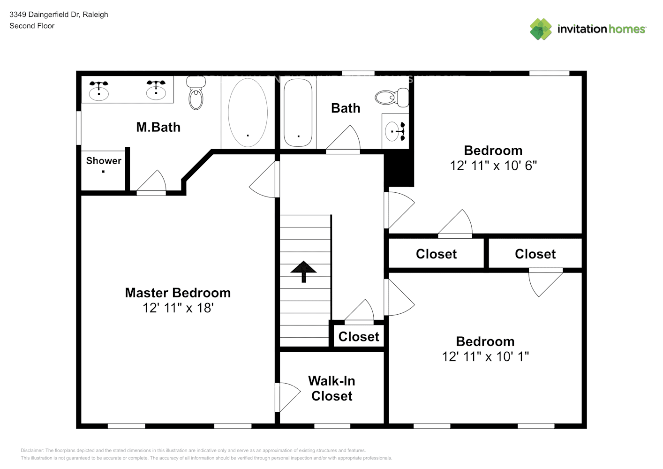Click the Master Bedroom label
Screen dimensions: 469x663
[x=178, y=293]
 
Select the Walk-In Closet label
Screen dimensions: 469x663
[x=331, y=388]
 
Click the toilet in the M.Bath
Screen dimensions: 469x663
[x=196, y=94]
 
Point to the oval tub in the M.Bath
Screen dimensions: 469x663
[x=248, y=113]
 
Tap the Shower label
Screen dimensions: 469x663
[x=104, y=161]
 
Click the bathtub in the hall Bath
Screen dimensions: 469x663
[x=298, y=113]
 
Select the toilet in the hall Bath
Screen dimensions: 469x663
[x=390, y=98]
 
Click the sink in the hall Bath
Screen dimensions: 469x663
[x=395, y=131]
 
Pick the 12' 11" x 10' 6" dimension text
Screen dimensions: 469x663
[x=493, y=166]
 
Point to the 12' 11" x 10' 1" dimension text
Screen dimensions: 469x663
[x=485, y=356]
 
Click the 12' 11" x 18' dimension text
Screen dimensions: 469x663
[x=178, y=308]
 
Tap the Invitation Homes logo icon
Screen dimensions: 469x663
[x=541, y=29]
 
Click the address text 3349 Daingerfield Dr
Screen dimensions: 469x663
[x=59, y=15]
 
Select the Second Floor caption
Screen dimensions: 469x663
[x=32, y=26]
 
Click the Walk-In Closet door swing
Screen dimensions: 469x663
[x=288, y=396]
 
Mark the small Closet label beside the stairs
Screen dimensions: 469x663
[x=359, y=337]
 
